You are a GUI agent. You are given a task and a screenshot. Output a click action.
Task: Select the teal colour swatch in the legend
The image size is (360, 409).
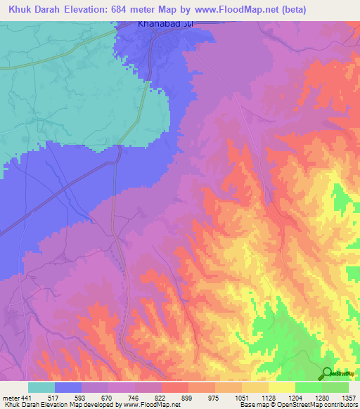[x=41, y=387]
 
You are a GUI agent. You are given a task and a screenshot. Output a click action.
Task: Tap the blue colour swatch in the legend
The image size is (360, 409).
[x=68, y=387]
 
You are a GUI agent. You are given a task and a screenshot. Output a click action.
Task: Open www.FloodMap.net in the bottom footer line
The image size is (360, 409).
[x=145, y=404]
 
